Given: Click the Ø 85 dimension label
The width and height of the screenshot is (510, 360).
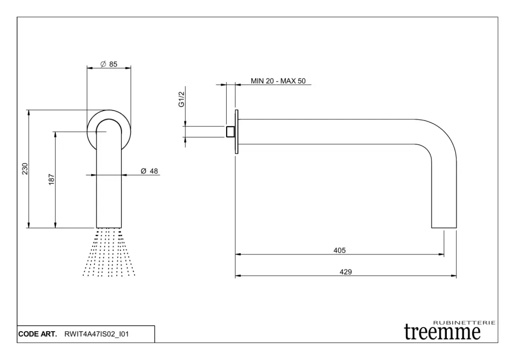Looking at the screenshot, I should (109, 64).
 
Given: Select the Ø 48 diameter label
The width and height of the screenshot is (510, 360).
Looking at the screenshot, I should (149, 171).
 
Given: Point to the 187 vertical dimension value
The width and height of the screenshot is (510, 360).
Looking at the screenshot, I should (51, 180).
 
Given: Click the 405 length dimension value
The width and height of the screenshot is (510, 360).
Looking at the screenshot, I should (340, 250).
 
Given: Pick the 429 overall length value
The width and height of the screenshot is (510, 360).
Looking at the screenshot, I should (346, 272).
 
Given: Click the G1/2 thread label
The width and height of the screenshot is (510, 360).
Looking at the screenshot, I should (182, 99).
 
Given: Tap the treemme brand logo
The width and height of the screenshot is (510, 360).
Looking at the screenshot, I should (442, 332).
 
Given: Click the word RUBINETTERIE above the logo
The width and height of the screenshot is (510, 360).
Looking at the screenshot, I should (464, 323).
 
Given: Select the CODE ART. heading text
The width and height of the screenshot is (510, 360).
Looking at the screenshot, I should (37, 334).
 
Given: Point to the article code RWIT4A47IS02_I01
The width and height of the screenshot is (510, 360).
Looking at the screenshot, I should (97, 334).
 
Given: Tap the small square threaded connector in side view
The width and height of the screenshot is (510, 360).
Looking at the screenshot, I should (231, 131).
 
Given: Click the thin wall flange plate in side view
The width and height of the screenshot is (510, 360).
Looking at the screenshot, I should (237, 131).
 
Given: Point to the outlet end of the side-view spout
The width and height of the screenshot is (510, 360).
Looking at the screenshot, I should (444, 225).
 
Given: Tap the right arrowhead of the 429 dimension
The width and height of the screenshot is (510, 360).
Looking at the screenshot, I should (454, 275).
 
